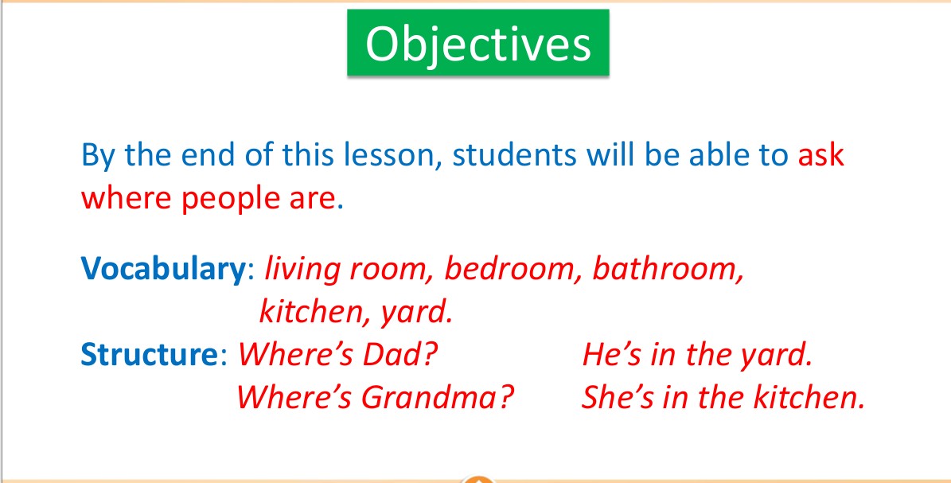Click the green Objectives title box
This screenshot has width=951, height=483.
point(478,43)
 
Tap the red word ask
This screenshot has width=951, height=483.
point(820,155)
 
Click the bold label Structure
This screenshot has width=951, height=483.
point(149,355)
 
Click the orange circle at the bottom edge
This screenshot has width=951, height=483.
point(478,479)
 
